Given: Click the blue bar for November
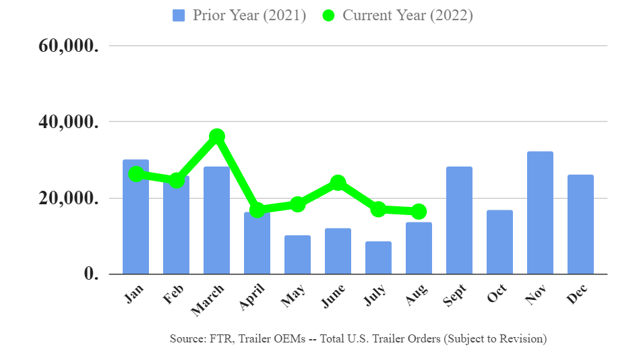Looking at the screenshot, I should (540, 213).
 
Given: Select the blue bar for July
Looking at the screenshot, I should (378, 258).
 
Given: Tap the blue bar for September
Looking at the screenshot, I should (459, 220).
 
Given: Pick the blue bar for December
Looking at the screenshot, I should (580, 224).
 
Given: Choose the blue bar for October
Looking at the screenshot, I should (499, 242).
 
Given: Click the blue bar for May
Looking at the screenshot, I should (297, 255).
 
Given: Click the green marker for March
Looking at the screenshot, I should (216, 136).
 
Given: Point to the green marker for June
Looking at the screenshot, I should (338, 183).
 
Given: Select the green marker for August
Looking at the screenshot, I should (419, 212).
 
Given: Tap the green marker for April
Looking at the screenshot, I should (257, 210).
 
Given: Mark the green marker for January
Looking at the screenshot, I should (135, 174).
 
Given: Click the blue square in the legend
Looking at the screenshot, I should (179, 16).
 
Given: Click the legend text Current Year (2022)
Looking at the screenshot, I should (407, 16).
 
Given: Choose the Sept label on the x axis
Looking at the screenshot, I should (456, 296).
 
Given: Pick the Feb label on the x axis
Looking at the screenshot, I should (175, 295).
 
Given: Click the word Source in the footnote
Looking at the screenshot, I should (186, 339).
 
